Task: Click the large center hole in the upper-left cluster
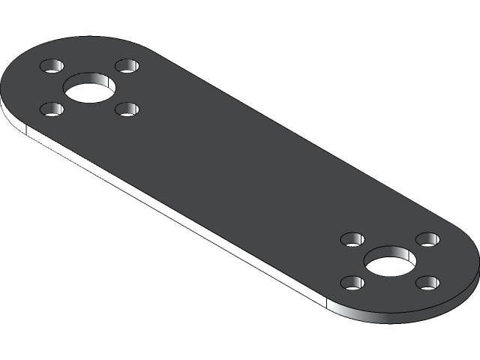click(x=89, y=90)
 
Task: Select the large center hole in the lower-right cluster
click(x=390, y=263)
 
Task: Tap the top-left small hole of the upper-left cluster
click(x=52, y=65)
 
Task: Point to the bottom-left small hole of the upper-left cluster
click(x=52, y=109)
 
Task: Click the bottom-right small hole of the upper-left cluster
click(x=127, y=109)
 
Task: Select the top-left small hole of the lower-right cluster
click(x=352, y=240)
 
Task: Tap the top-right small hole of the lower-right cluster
click(x=427, y=239)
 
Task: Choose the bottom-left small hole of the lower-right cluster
click(x=352, y=283)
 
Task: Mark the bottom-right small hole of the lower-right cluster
click(x=427, y=283)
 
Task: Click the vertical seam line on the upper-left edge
click(x=26, y=132)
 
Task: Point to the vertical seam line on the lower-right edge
click(x=328, y=302)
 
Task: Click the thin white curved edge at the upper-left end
click(x=7, y=112)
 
